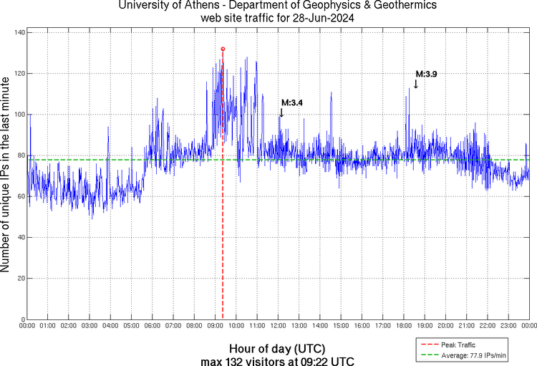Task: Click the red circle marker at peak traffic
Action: [223, 49]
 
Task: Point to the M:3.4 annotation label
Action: [291, 102]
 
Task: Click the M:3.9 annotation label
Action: [427, 74]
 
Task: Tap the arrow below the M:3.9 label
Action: [416, 84]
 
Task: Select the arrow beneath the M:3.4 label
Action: [281, 112]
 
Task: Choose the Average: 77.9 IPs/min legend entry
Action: [470, 355]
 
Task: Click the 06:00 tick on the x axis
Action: [153, 326]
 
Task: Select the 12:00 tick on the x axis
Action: [278, 326]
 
